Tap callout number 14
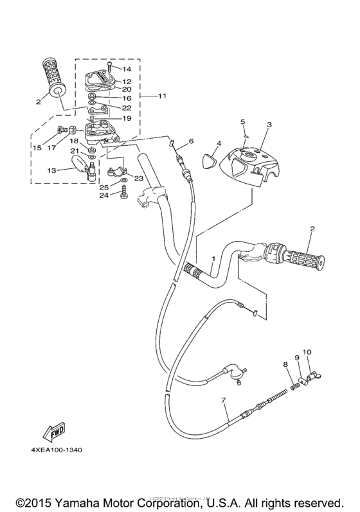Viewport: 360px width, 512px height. coord(127,68)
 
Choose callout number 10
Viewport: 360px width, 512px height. coord(307,352)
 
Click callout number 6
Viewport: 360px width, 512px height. coord(191,141)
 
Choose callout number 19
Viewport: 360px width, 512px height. coord(127,118)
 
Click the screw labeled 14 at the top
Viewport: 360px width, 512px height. coord(111,66)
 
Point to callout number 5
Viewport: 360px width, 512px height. coord(243,121)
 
